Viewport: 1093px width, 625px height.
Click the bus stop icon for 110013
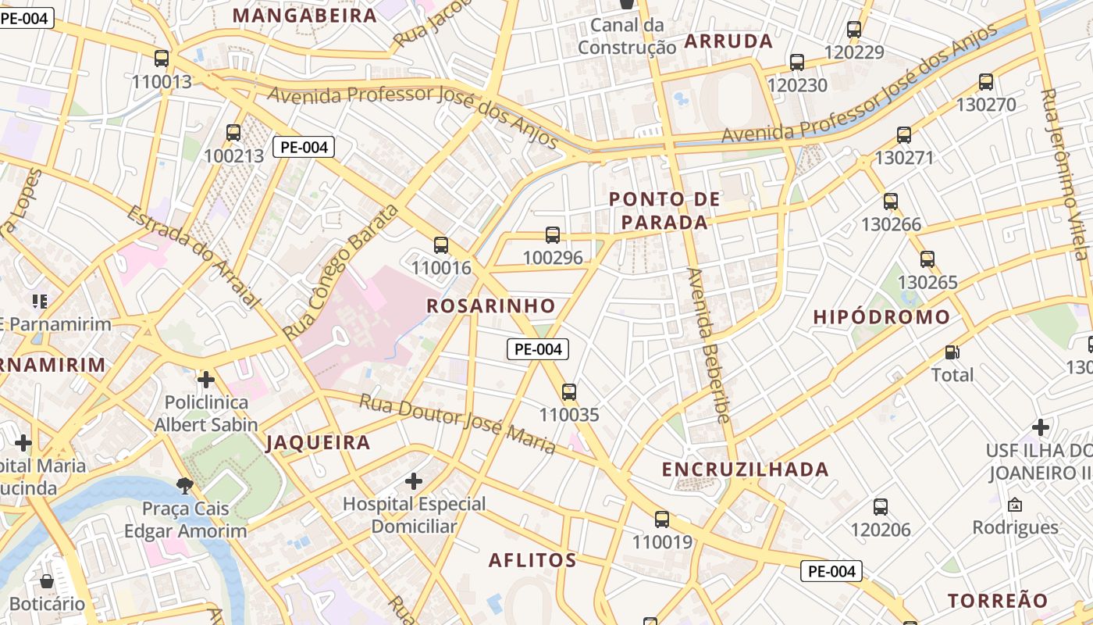click(x=162, y=59)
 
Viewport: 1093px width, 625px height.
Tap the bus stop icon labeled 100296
click(x=553, y=234)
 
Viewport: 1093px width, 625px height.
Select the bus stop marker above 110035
click(x=569, y=392)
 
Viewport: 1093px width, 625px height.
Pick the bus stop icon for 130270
click(x=986, y=82)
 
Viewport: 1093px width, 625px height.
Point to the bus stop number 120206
click(x=881, y=530)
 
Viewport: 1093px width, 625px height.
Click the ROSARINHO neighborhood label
click(x=491, y=305)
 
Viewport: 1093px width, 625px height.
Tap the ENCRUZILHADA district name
click(x=745, y=469)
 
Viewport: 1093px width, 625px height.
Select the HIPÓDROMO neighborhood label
click(x=881, y=317)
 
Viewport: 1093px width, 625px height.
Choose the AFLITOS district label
click(x=532, y=560)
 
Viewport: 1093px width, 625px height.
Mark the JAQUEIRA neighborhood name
click(x=318, y=443)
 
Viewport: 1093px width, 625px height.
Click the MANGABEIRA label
click(x=304, y=16)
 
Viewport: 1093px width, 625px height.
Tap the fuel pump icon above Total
click(x=952, y=353)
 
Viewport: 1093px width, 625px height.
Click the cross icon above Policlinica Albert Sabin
click(x=206, y=380)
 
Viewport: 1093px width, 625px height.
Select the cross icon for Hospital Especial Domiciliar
click(x=414, y=480)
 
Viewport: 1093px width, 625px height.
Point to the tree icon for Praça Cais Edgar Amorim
click(x=185, y=486)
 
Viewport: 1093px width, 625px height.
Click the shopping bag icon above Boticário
click(x=47, y=581)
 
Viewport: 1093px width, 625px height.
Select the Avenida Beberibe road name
click(x=708, y=346)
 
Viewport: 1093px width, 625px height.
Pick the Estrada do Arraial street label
click(x=193, y=256)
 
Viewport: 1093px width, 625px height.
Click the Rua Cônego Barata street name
click(x=340, y=272)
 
